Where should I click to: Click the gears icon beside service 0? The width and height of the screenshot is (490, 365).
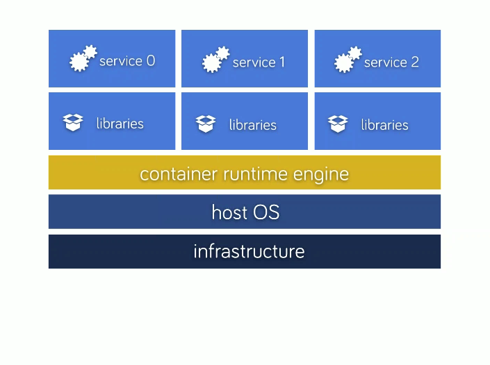[83, 59]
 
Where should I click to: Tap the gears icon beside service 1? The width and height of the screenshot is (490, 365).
[215, 60]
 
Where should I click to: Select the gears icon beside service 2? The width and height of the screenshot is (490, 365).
[348, 60]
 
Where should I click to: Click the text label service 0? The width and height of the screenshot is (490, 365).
[127, 61]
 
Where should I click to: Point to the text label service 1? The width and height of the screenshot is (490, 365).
[259, 62]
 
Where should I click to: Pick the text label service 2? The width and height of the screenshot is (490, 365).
[391, 62]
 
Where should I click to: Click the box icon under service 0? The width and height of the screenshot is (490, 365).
[73, 123]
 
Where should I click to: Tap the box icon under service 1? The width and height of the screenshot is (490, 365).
[206, 124]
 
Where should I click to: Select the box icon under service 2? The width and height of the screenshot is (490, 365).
[338, 124]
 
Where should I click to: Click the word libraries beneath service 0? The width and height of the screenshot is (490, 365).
[120, 124]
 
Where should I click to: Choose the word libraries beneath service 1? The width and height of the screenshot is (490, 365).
[253, 125]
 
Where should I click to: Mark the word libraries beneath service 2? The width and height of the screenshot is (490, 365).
[385, 125]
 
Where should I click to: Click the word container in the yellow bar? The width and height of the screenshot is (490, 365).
[179, 173]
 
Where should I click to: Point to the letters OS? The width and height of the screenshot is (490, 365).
[266, 212]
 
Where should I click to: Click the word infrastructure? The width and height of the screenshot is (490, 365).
[249, 251]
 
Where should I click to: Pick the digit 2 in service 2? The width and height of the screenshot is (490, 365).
[415, 62]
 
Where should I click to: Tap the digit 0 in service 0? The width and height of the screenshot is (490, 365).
[151, 61]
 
